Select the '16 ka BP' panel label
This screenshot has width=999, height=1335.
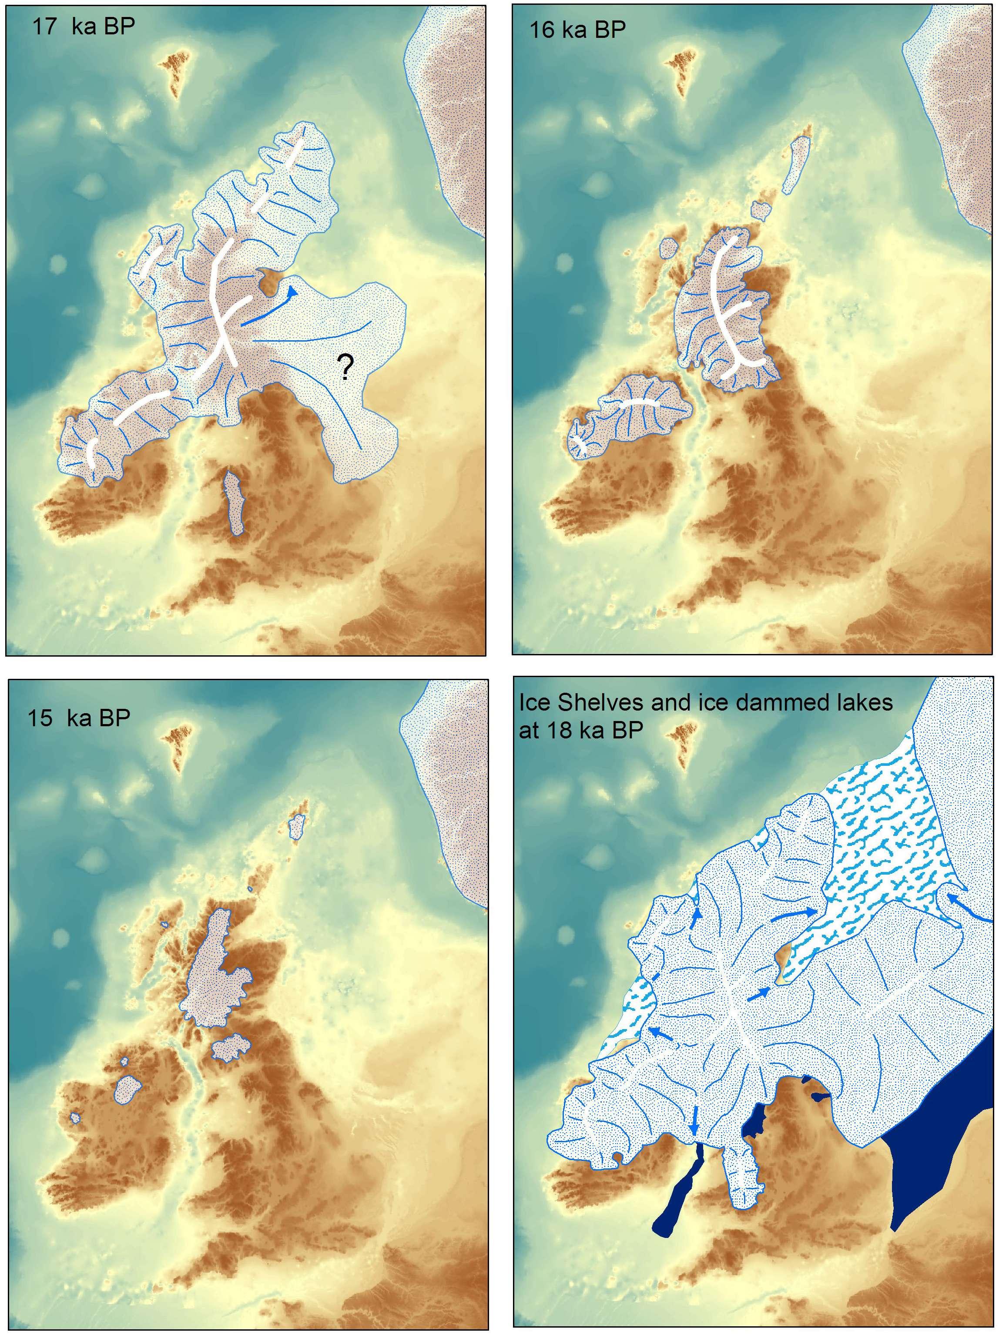tap(577, 30)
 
